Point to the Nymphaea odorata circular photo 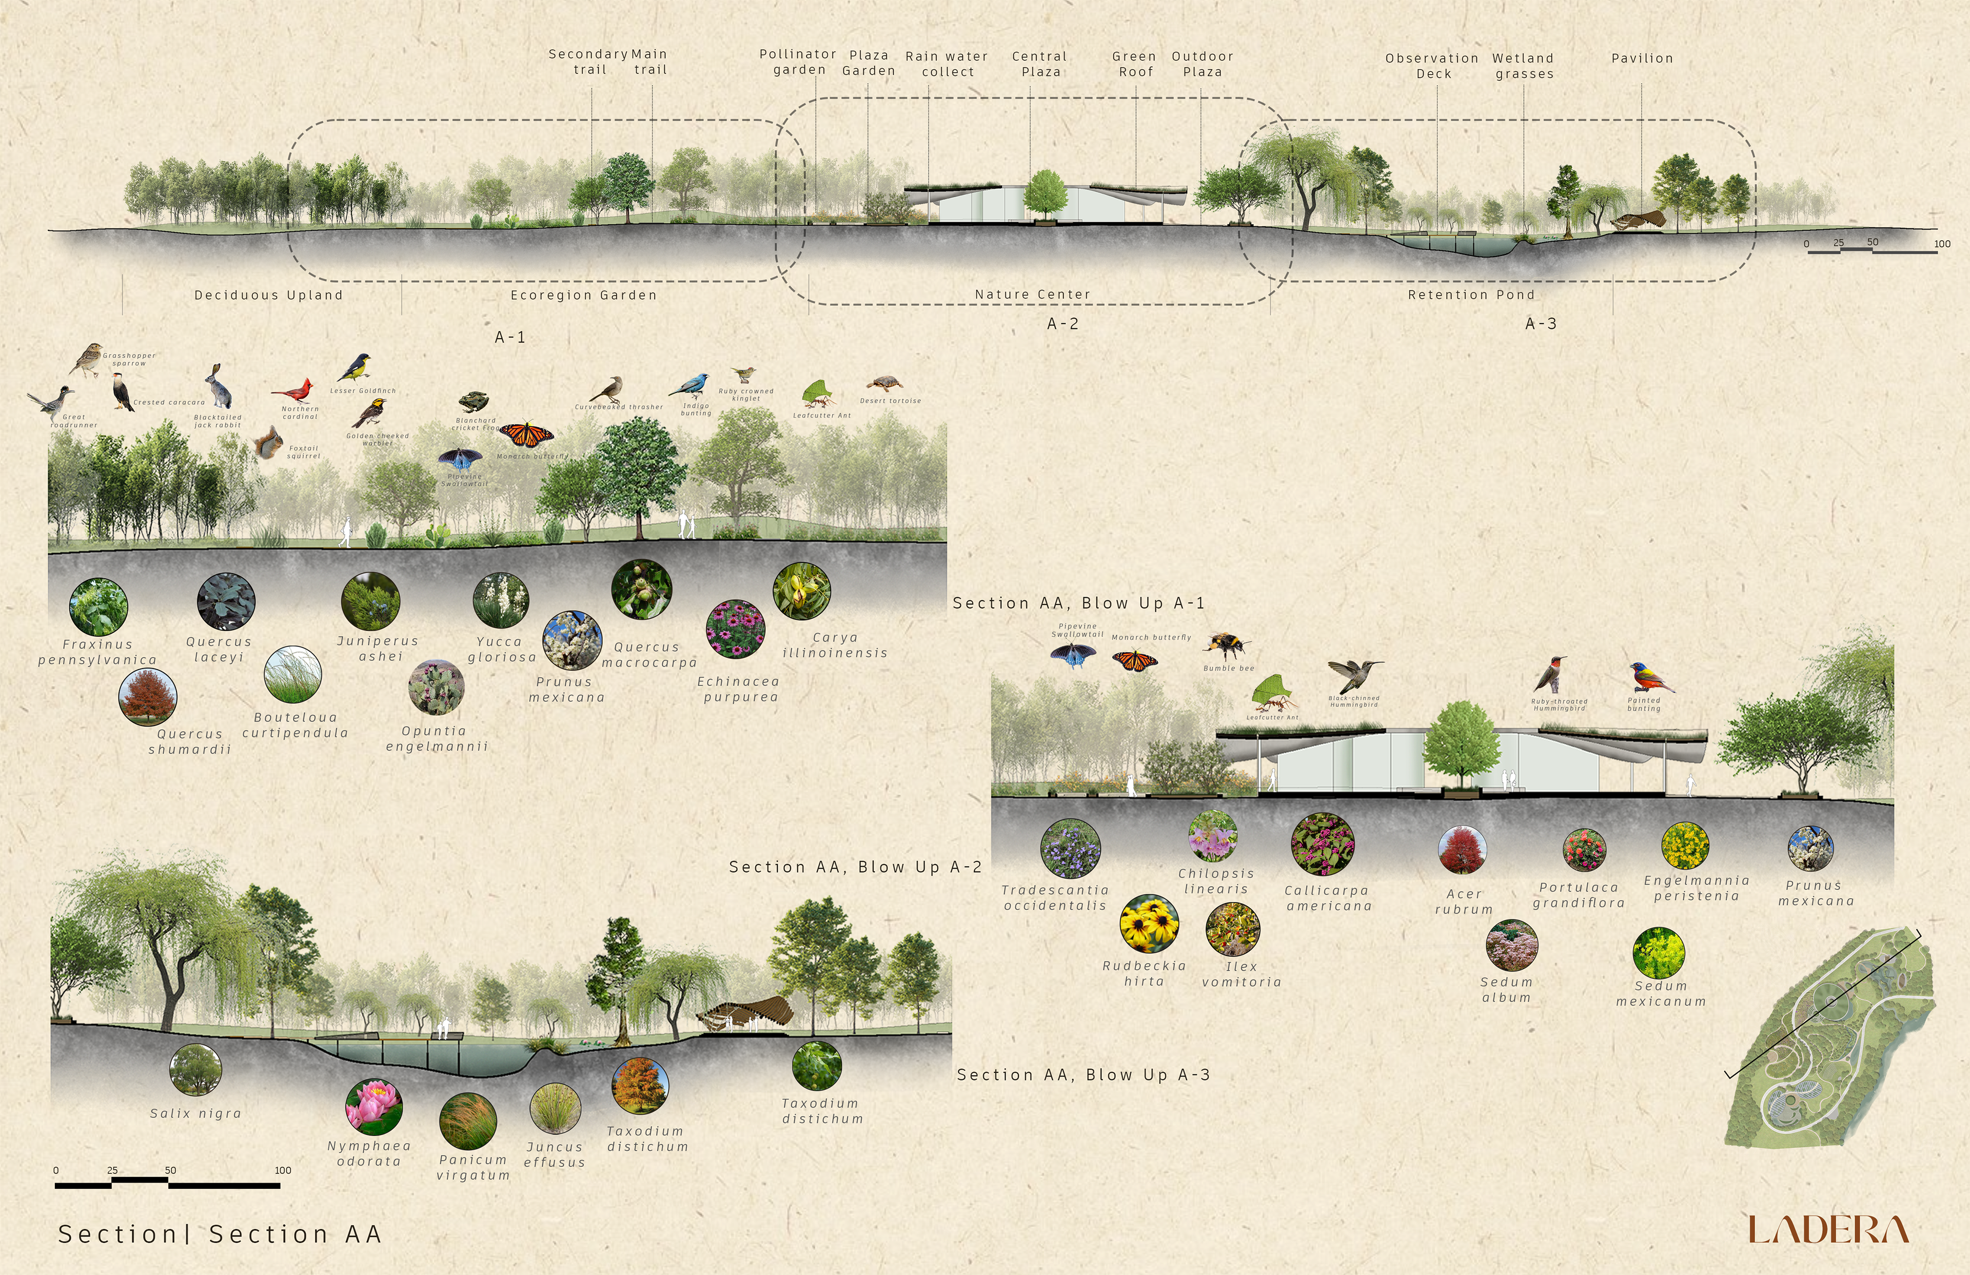click(x=374, y=1106)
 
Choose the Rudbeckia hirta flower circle click(x=1149, y=923)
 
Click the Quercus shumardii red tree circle click(x=147, y=697)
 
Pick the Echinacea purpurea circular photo click(x=735, y=629)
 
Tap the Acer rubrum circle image click(x=1462, y=850)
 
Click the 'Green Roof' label click(x=1135, y=64)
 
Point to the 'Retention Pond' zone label click(x=1471, y=295)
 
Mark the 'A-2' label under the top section click(x=1063, y=324)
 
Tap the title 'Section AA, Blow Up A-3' click(x=1082, y=1074)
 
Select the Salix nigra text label click(x=195, y=1113)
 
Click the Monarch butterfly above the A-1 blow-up click(x=526, y=434)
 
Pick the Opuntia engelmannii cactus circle click(x=436, y=687)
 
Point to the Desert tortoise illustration click(x=884, y=384)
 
